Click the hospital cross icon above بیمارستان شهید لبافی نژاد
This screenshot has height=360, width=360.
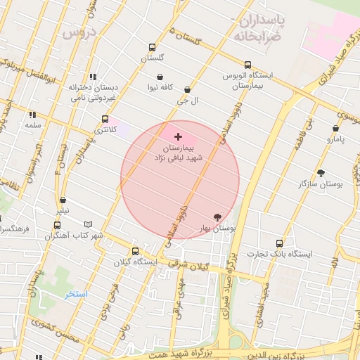point(177,136)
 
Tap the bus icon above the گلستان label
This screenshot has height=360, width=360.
point(152,48)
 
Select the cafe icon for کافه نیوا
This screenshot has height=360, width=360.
point(160,77)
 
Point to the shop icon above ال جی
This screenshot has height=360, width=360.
point(187,90)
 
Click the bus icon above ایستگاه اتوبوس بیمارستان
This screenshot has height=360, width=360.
point(247,65)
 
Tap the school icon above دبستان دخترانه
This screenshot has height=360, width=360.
point(92,77)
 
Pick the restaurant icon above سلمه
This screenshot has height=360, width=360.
point(32,115)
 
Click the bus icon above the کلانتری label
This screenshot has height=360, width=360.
point(105,119)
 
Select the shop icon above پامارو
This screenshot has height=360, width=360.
point(335,129)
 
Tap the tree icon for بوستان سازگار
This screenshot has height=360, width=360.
point(321,173)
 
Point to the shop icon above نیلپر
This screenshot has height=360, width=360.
point(63,200)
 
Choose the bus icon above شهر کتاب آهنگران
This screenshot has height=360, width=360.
point(57,225)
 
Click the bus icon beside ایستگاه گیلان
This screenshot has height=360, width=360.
point(136,251)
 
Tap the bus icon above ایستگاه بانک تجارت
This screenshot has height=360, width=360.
point(279,243)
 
